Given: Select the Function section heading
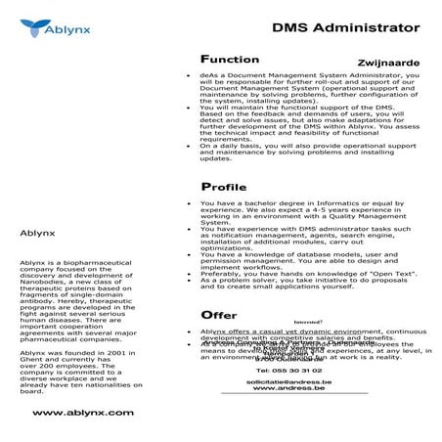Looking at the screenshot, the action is coord(229,59).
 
